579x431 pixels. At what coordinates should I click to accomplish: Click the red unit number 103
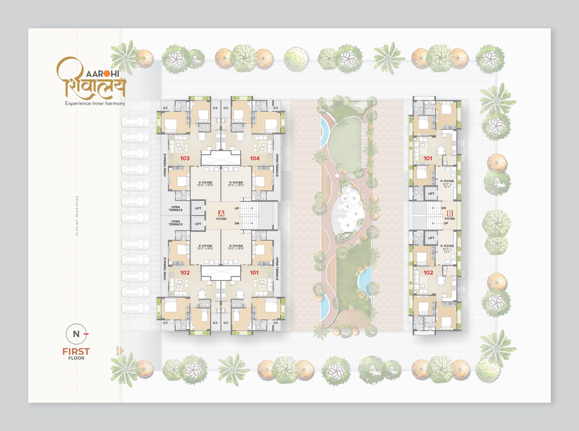(x=185, y=158)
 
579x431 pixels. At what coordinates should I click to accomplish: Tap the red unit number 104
(x=255, y=158)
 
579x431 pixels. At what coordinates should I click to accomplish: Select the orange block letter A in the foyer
(x=221, y=213)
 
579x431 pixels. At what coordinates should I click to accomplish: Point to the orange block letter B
(x=450, y=213)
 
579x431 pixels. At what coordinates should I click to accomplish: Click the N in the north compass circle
(x=76, y=334)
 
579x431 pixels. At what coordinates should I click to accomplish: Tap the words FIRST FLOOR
(x=76, y=353)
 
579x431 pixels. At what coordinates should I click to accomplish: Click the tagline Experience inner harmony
(x=95, y=103)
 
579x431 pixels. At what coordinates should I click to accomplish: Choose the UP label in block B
(x=446, y=223)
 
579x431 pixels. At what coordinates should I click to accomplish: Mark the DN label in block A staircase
(x=237, y=223)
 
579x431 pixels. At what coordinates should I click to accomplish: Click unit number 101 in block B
(x=428, y=158)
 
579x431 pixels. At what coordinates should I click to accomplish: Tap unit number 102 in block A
(x=185, y=273)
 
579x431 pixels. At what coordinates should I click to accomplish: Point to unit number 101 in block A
(x=254, y=273)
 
